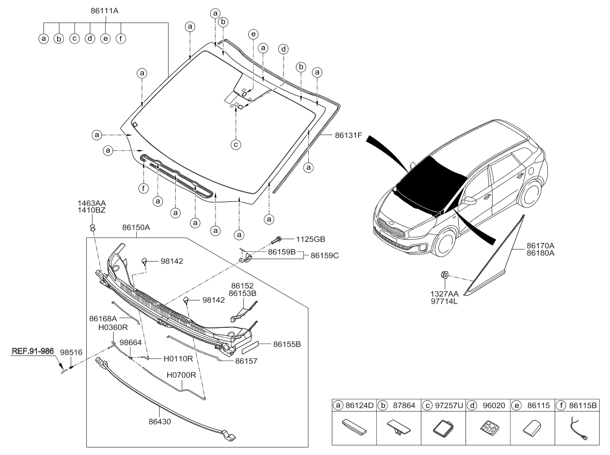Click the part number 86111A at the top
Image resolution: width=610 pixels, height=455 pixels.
pos(105,11)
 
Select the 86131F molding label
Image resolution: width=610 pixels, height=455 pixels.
pos(348,136)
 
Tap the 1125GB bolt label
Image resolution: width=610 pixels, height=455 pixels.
pos(310,239)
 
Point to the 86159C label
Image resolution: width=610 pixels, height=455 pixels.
pos(324,255)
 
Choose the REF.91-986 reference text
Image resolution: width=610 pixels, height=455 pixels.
pos(33,351)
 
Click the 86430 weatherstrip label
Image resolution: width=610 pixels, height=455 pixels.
pos(160,422)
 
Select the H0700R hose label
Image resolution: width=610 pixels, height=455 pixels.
pos(181,375)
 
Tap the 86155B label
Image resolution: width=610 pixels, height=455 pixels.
pos(287,344)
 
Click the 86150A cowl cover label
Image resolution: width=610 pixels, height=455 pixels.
pos(136,227)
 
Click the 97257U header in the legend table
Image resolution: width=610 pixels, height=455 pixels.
pos(449,406)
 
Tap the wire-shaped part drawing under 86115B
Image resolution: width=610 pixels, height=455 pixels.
pos(578,429)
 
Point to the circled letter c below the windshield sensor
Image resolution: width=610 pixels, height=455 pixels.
pos(236,144)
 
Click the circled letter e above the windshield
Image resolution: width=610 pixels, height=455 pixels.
pos(253,34)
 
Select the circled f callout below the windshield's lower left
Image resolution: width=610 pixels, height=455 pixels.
pos(144,189)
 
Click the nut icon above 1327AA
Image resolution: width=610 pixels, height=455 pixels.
pos(444,275)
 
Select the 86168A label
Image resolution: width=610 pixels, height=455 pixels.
pos(103,319)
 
